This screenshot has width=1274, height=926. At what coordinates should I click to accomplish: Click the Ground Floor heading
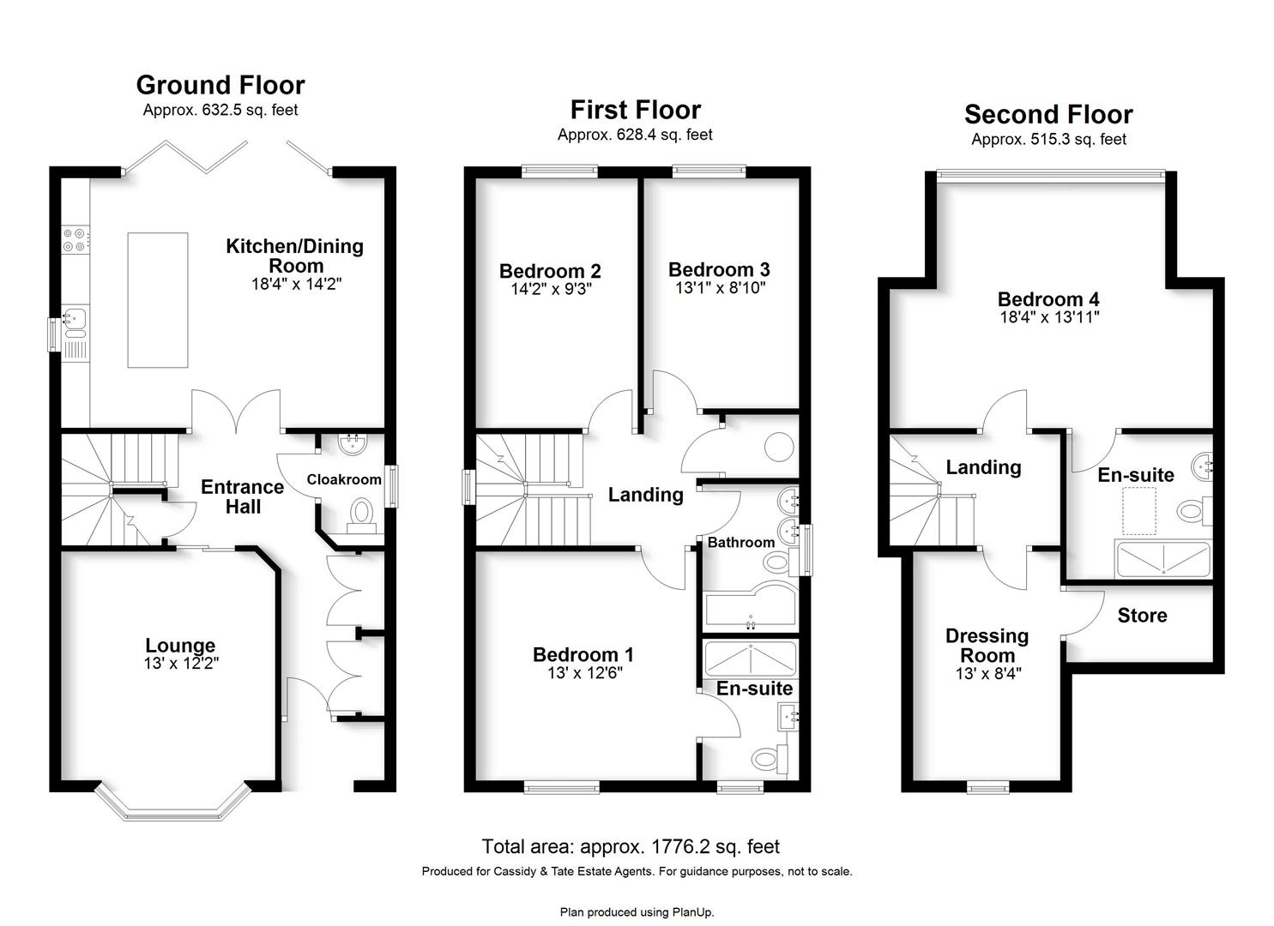[x=220, y=85]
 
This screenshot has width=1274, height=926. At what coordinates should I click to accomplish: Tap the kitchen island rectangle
[x=158, y=299]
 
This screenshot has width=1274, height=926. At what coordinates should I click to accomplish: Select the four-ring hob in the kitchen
[x=75, y=239]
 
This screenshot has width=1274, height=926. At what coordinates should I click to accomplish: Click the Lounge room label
[x=180, y=645]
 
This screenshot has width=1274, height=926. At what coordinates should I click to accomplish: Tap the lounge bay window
[x=172, y=803]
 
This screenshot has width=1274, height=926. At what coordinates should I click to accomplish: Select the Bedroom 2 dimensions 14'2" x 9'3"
[x=551, y=289]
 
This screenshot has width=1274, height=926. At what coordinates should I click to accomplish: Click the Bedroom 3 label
[x=719, y=269]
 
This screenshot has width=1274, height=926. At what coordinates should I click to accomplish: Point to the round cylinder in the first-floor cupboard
[x=779, y=447]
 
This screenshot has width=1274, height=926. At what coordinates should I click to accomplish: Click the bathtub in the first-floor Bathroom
[x=751, y=606]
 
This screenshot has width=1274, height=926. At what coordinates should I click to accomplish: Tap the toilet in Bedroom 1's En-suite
[x=769, y=758]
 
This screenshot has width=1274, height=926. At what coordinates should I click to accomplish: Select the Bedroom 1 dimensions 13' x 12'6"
[x=585, y=673]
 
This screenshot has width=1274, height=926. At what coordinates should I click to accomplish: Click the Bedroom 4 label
[x=1048, y=299]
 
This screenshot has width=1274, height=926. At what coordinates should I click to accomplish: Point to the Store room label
[x=1142, y=615]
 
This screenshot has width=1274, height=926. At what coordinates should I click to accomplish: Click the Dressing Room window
[x=988, y=787]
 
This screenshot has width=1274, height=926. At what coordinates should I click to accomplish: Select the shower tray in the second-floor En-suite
[x=1163, y=559]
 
